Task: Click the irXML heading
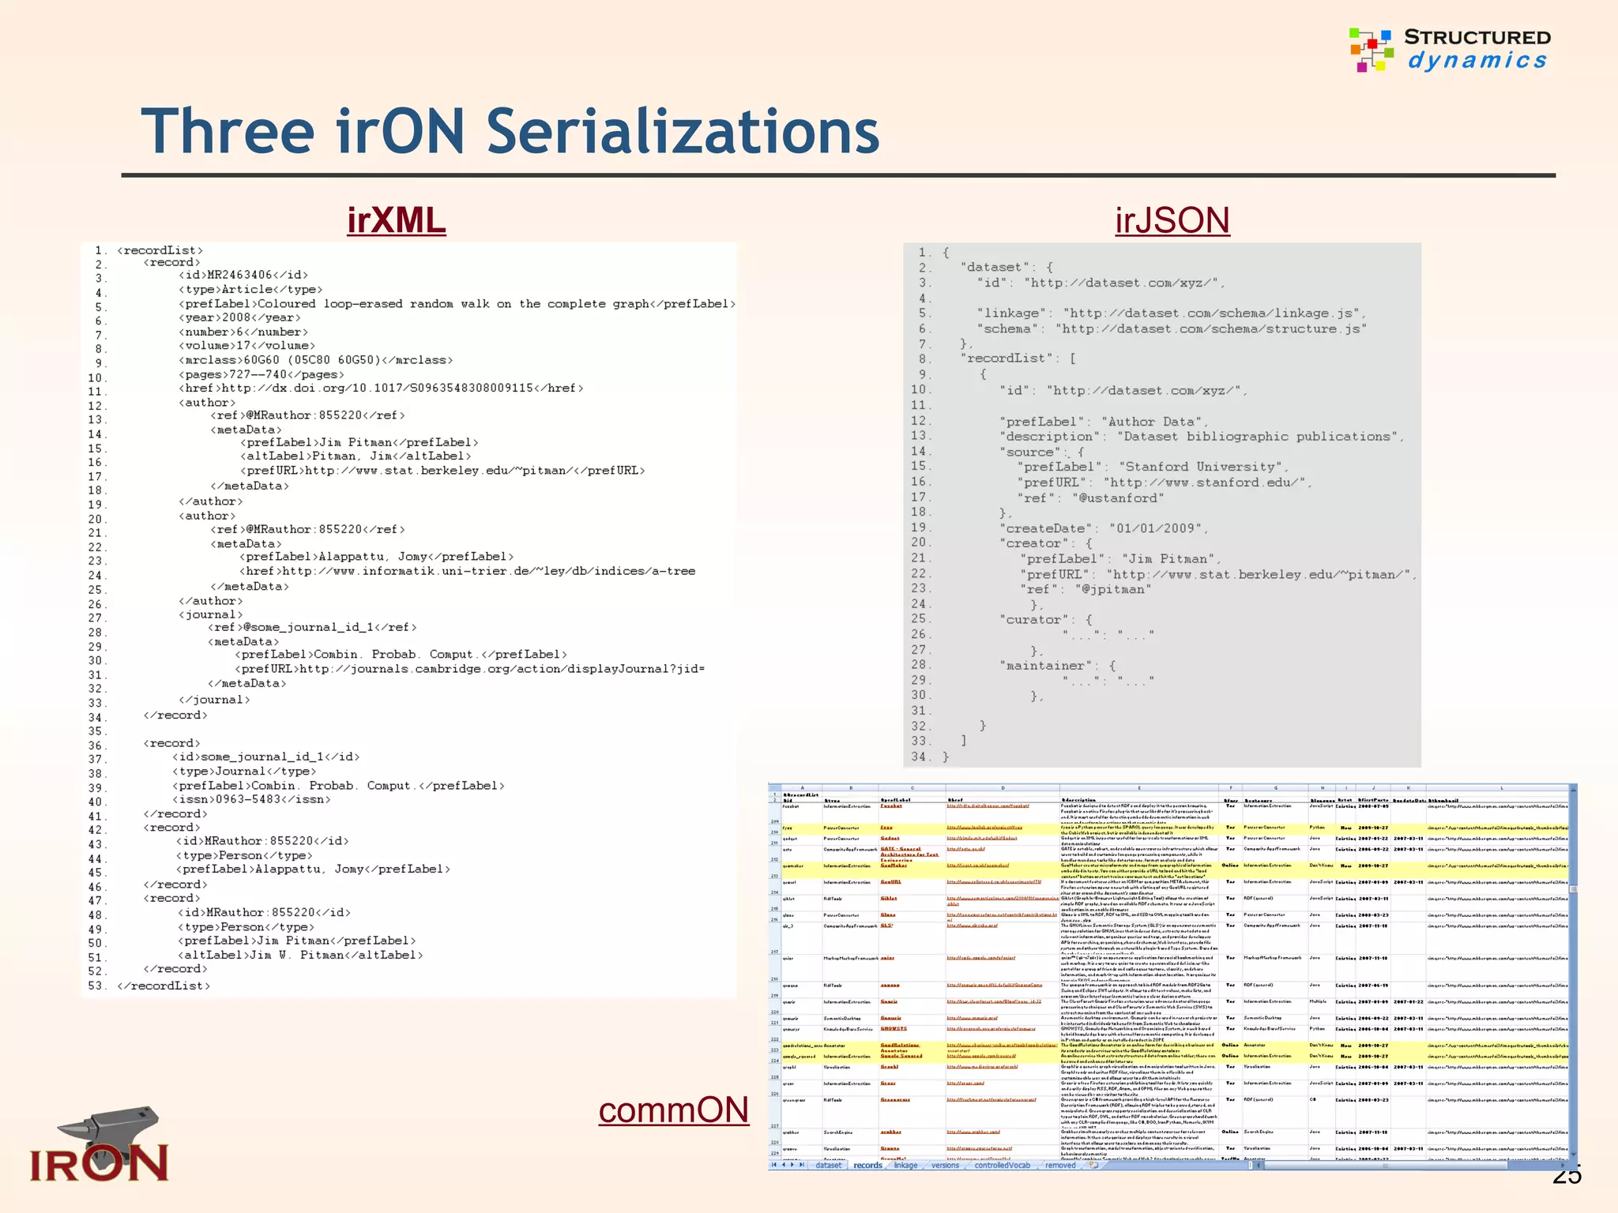pos(396,220)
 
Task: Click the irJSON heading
pos(1172,220)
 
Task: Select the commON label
pos(673,1110)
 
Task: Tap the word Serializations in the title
pos(683,131)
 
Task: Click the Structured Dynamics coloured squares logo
pos(1371,49)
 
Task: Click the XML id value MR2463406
pos(239,275)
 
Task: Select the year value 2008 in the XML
pos(236,317)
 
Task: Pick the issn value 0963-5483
pos(253,799)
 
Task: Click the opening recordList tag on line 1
pos(160,250)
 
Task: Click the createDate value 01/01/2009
pos(1154,528)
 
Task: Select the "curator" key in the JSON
pos(1037,620)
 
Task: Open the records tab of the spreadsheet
pos(867,1165)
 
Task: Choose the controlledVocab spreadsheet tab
pos(1002,1165)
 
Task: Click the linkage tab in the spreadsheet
pos(905,1165)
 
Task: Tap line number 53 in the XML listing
pos(96,986)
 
